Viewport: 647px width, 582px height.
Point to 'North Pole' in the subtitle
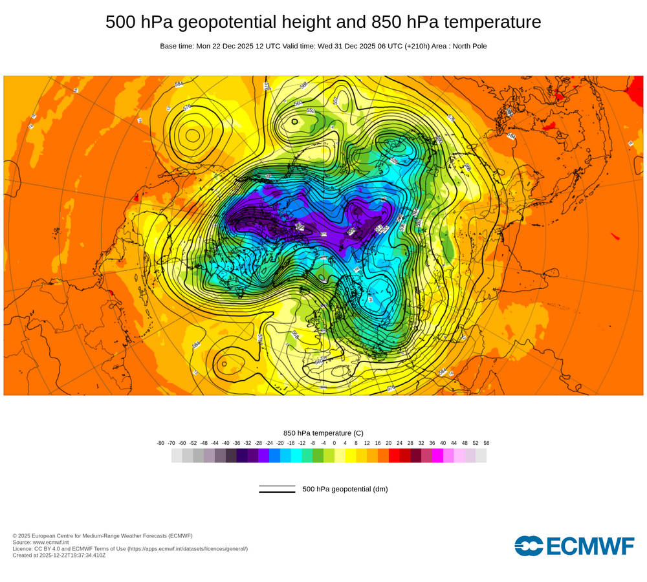(465, 46)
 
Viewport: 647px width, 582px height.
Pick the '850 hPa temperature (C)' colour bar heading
(323, 433)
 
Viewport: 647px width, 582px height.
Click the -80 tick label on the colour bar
(160, 443)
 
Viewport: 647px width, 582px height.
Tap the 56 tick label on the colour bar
(486, 443)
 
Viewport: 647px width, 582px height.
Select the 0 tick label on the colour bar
(334, 443)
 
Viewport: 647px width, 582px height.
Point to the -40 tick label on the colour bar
(226, 443)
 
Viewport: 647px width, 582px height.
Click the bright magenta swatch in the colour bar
(437, 455)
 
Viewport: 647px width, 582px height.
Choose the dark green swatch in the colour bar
(318, 455)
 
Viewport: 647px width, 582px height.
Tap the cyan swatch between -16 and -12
(296, 455)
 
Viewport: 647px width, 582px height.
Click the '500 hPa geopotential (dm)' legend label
(345, 489)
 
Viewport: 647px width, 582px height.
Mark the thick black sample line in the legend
(277, 491)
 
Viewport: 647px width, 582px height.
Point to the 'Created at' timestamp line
(60, 555)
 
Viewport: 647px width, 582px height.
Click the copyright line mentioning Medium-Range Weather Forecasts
(102, 535)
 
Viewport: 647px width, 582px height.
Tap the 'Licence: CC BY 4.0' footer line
(130, 548)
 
